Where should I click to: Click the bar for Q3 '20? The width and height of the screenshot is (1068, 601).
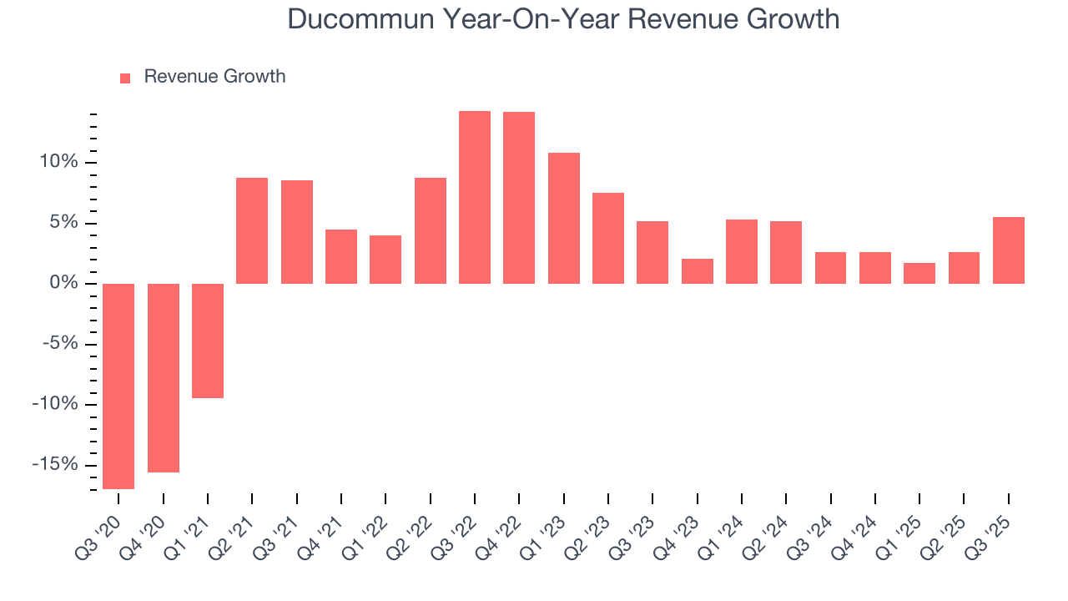pos(118,386)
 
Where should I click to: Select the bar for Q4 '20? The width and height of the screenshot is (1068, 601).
pos(164,377)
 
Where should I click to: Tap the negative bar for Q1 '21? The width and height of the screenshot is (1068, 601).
pos(208,341)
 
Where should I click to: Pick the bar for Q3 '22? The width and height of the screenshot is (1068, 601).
pos(475,197)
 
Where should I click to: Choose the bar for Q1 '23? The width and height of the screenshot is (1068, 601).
pos(564,218)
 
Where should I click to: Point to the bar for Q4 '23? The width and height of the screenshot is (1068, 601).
pos(698,271)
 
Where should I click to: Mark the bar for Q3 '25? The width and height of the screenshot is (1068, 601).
pos(1009,250)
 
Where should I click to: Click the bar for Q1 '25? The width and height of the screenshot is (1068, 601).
pos(919,273)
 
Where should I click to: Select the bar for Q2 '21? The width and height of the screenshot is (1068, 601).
pos(252,230)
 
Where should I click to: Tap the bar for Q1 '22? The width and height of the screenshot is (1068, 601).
pos(385,260)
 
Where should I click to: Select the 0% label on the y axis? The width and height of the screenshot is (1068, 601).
pos(65,284)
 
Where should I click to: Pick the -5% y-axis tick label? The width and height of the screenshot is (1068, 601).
pos(61,344)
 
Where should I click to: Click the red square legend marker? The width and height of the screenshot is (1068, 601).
pos(125,78)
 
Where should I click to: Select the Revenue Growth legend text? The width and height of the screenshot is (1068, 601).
pos(214,77)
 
